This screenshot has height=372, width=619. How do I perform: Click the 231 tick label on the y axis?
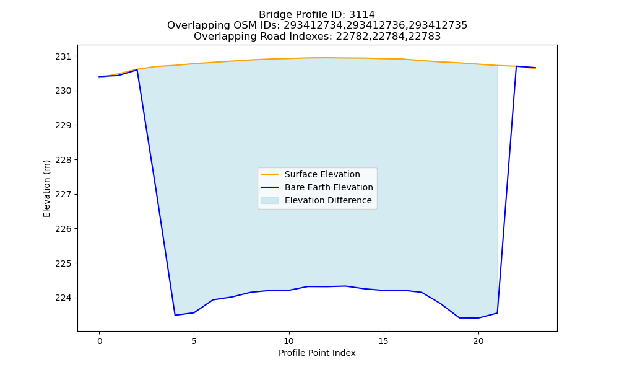pyautogui.click(x=64, y=56)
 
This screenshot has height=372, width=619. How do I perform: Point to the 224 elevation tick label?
pyautogui.click(x=64, y=298)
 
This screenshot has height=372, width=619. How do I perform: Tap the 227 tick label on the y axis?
pyautogui.click(x=64, y=195)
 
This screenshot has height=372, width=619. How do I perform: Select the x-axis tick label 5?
pyautogui.click(x=194, y=341)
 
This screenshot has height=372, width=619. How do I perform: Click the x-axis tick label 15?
pyautogui.click(x=383, y=341)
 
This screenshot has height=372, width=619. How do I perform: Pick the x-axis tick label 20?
pyautogui.click(x=478, y=341)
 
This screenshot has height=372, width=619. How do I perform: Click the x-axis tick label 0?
pyautogui.click(x=99, y=341)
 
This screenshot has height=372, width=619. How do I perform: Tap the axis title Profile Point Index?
pyautogui.click(x=317, y=353)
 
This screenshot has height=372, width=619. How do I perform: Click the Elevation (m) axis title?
pyautogui.click(x=46, y=188)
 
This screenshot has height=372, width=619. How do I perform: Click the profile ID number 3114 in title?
pyautogui.click(x=361, y=15)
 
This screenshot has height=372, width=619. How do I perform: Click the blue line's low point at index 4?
pyautogui.click(x=175, y=315)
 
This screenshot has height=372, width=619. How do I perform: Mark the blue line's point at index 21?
pyautogui.click(x=497, y=313)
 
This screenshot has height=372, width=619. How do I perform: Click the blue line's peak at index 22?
pyautogui.click(x=516, y=66)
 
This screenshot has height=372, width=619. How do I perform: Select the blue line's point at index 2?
pyautogui.click(x=137, y=69)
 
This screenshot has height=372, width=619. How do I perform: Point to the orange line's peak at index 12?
pyautogui.click(x=326, y=58)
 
